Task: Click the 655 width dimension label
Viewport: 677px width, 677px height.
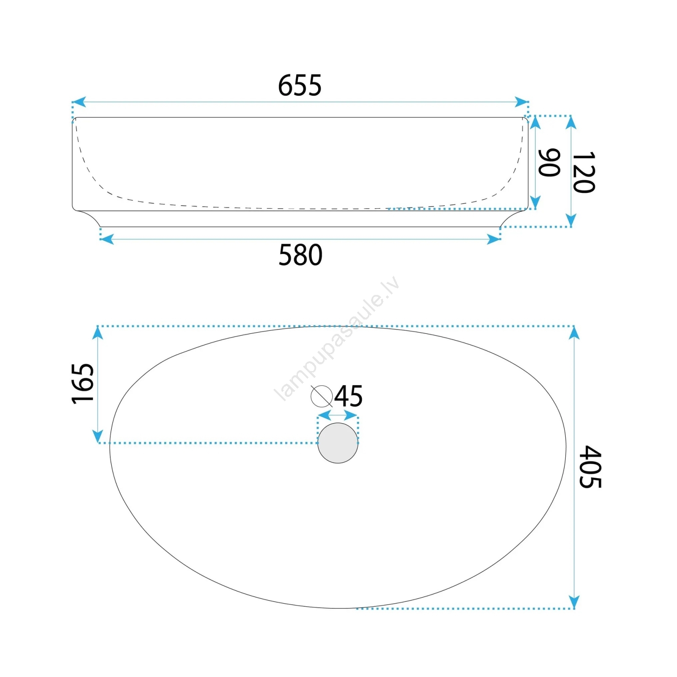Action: click(300, 85)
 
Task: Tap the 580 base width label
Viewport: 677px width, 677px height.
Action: click(300, 255)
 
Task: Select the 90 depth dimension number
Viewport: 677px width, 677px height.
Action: click(549, 162)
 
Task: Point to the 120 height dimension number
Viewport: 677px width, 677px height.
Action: click(584, 172)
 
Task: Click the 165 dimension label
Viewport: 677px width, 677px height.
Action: click(83, 383)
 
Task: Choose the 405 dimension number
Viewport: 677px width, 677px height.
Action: click(590, 467)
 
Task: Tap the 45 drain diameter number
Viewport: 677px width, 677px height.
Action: click(349, 396)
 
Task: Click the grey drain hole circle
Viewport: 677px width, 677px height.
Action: click(338, 443)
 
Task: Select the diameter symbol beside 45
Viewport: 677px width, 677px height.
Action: click(322, 396)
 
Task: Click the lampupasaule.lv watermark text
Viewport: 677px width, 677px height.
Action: click(337, 338)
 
